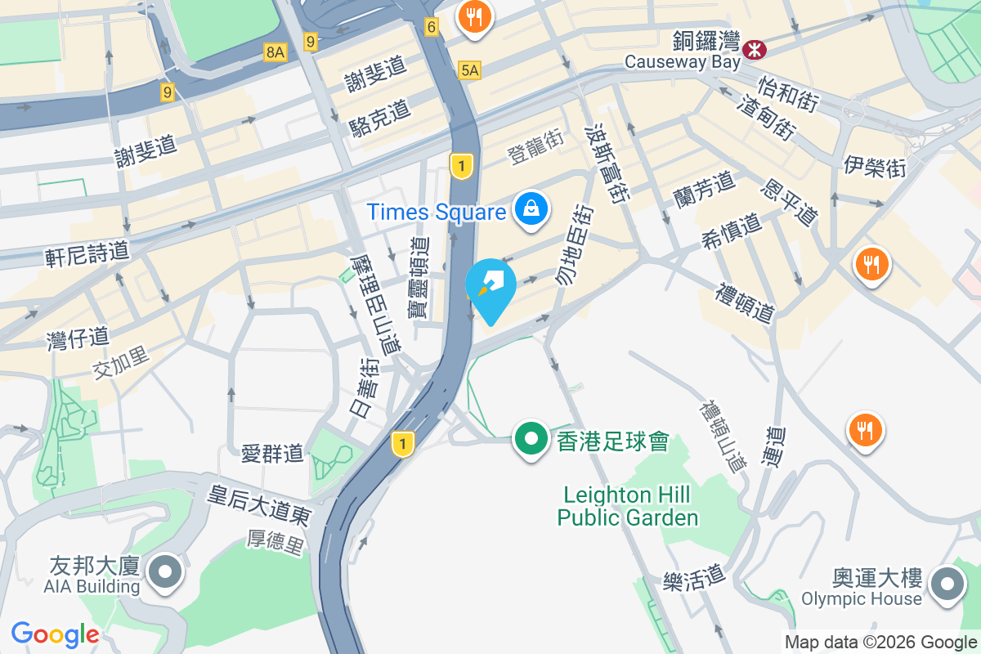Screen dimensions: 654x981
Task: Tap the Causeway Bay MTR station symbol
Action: point(755,50)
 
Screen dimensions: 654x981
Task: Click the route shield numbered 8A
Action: point(275,52)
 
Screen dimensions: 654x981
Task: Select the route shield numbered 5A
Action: point(469,70)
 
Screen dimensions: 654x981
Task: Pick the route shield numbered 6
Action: point(432,27)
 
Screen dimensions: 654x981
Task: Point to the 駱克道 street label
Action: point(379,123)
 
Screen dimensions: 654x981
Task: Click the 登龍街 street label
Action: point(535,146)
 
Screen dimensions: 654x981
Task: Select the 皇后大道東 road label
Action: point(258,505)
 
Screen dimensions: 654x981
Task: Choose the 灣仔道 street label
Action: point(78,338)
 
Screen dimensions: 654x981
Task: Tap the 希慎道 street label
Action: point(731,231)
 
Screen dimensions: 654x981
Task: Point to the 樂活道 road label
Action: point(694,579)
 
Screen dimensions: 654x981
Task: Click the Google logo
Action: point(55,634)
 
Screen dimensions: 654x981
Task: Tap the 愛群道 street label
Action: point(273,452)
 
